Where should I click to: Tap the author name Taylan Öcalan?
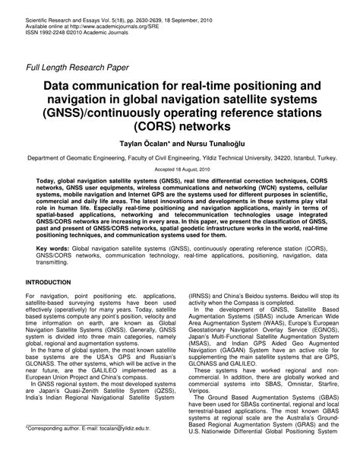[149, 143]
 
